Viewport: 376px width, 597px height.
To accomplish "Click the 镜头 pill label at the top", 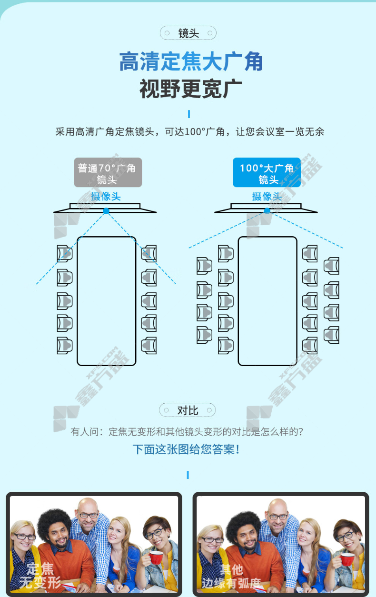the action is tap(188, 33).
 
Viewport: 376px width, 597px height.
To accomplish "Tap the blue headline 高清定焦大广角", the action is tap(191, 61).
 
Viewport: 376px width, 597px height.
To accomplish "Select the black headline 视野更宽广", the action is tap(191, 89).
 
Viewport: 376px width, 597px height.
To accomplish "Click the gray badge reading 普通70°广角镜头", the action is tap(108, 172).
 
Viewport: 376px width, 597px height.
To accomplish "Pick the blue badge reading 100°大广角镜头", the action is tap(267, 172).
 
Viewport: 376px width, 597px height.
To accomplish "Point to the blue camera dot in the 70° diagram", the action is tap(106, 211).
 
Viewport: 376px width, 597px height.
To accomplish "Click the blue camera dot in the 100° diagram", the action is tap(267, 211).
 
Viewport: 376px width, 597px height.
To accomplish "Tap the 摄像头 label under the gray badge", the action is tap(106, 197).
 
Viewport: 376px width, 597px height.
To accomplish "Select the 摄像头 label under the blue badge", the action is tap(267, 197).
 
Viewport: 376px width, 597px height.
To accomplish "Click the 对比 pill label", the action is tap(188, 410).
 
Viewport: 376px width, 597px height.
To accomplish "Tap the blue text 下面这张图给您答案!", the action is tap(186, 449).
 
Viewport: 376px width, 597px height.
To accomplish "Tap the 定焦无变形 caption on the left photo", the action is tap(40, 576).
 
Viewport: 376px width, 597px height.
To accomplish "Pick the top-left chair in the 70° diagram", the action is tap(65, 253).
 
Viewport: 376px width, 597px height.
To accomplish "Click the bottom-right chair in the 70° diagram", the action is tap(148, 346).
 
